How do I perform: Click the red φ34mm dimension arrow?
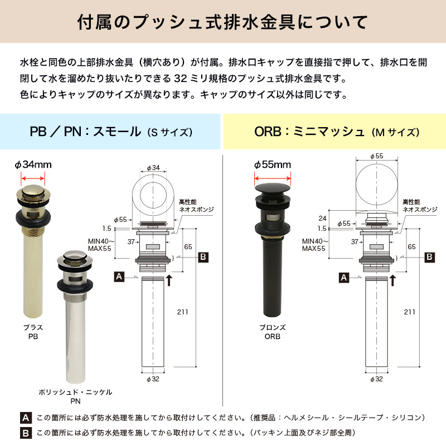pos(33,178)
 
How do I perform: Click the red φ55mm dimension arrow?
pos(273,178)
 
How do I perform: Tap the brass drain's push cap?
pos(33,192)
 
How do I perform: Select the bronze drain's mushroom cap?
pos(273,188)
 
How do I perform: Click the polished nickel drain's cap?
pos(75,258)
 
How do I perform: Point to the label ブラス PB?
pos(33,332)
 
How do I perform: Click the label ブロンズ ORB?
pos(273,332)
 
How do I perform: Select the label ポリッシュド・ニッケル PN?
pos(75,396)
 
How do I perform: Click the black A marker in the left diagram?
pos(119,277)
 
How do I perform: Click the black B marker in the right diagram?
pos(429,257)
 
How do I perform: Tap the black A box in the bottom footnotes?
pos(26,418)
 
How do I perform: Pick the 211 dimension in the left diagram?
pos(183,312)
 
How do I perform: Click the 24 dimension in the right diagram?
pos(323,219)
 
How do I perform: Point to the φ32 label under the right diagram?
pos(376,379)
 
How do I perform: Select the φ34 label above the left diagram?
pos(153,168)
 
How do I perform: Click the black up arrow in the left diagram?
pos(169,280)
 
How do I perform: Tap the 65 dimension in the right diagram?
pos(411,247)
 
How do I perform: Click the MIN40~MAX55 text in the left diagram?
pos(101,245)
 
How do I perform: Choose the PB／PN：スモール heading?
pos(85,132)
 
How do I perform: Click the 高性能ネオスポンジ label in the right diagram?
pos(420,206)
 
